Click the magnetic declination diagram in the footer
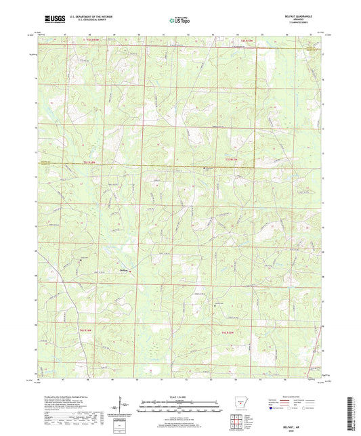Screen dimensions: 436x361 [116, 410]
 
